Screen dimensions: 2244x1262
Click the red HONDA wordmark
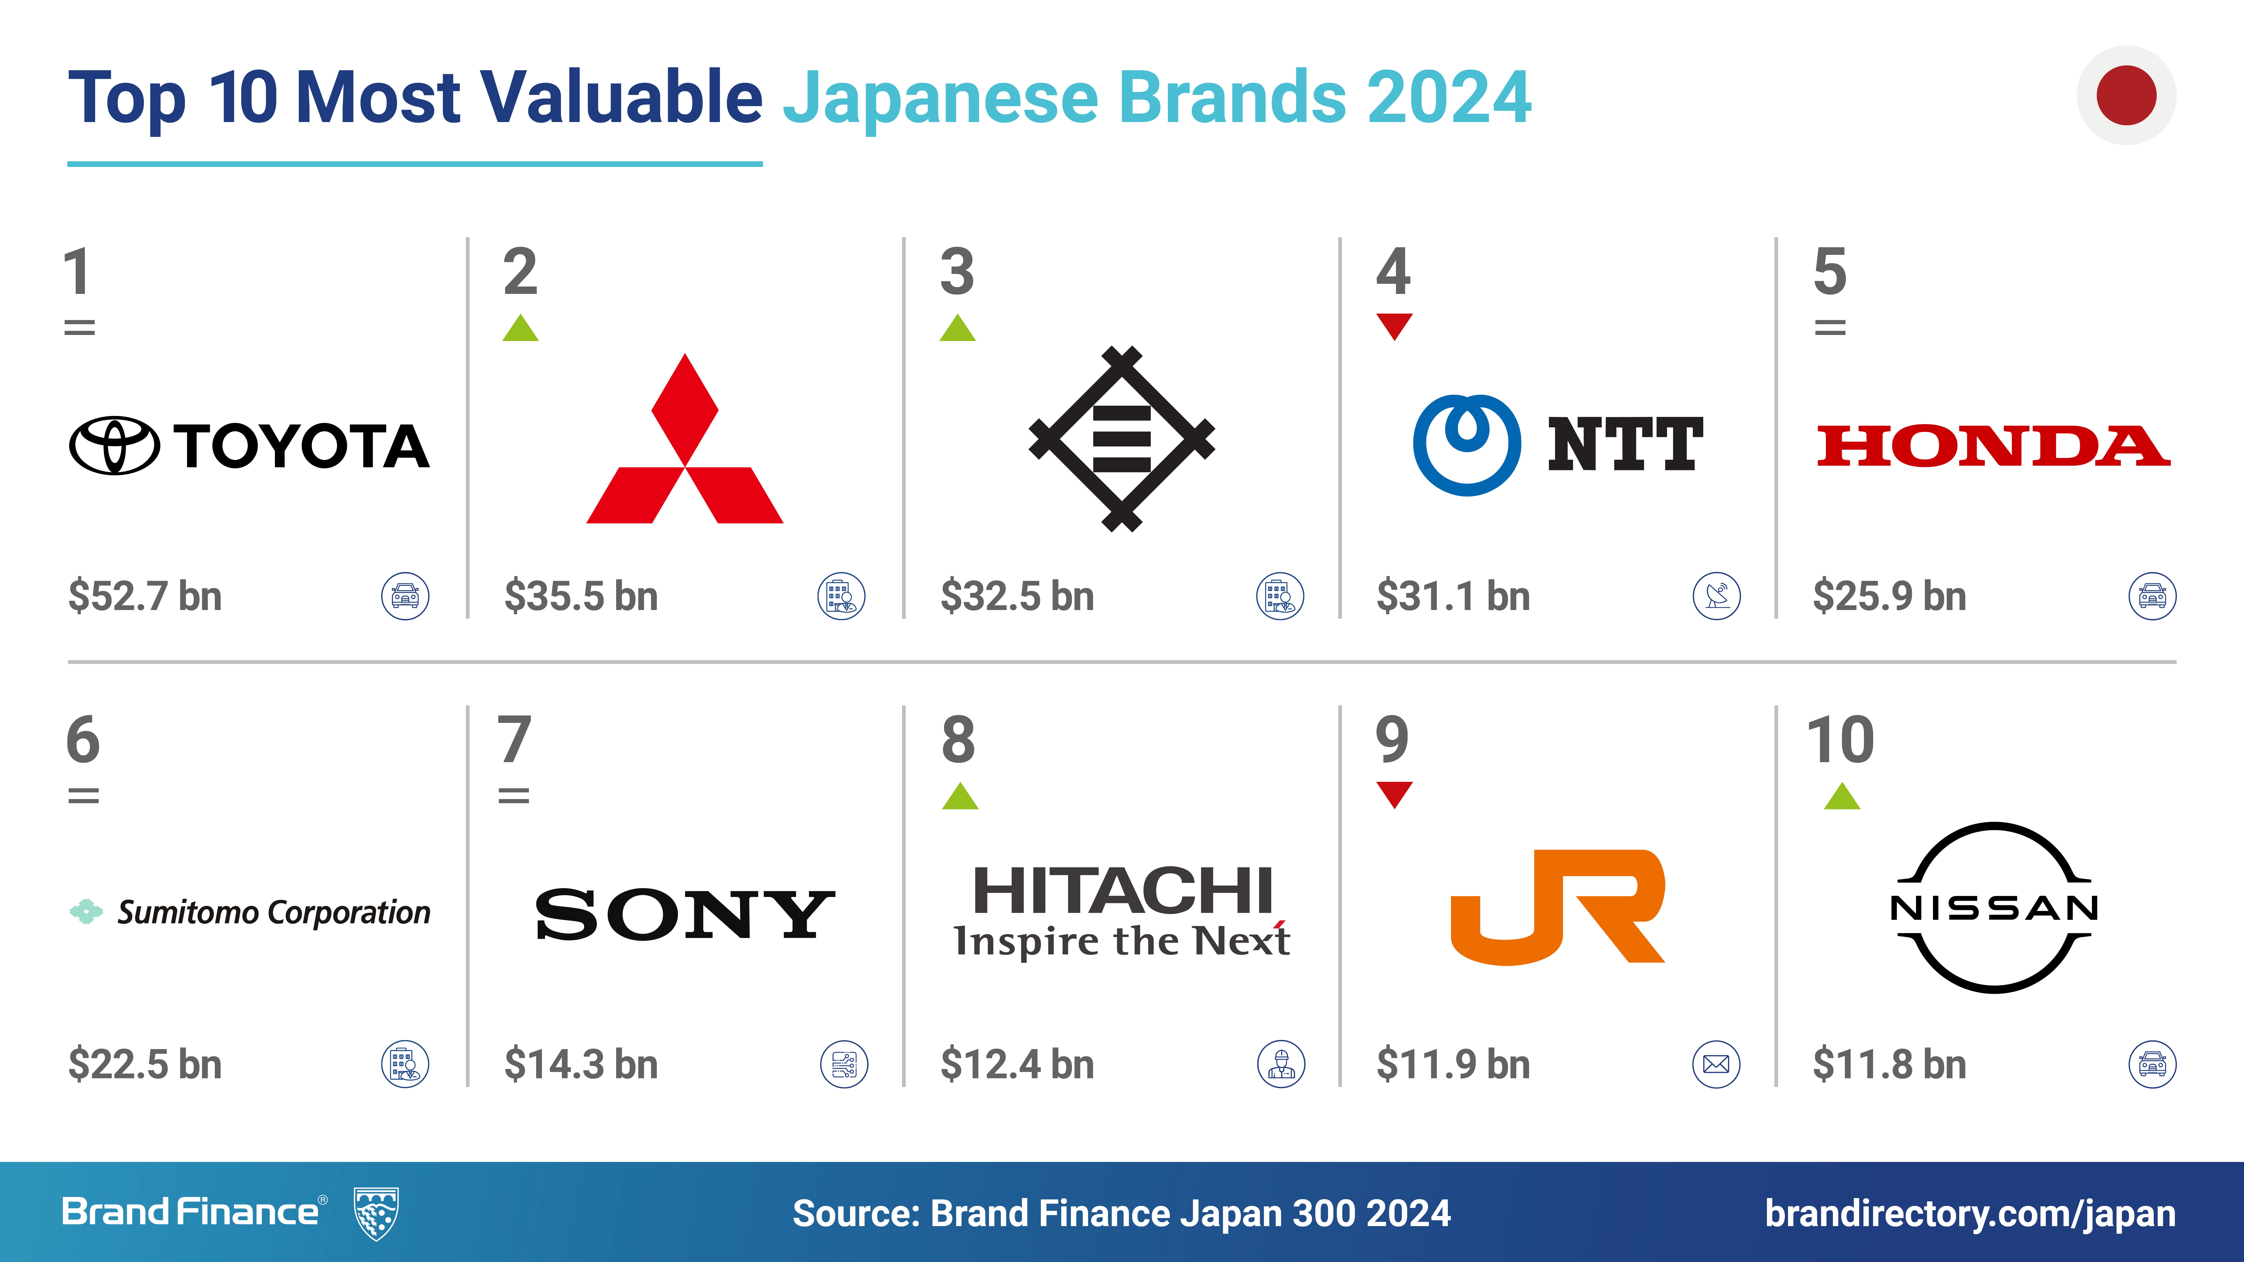pos(1993,446)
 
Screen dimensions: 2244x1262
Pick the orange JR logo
pos(1558,907)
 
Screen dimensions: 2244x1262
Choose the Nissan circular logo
pos(1994,908)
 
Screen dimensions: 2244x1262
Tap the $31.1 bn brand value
pos(1453,597)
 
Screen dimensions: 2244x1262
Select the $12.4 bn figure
pos(1017,1064)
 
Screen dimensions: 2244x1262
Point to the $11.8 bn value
pos(1889,1064)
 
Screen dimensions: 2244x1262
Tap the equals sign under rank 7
pos(514,795)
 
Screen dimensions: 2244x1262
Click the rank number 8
pos(958,739)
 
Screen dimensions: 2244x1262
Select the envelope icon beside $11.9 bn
pos(1716,1064)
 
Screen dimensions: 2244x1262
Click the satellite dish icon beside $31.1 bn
pos(1716,597)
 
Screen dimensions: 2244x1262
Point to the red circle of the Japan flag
pos(2126,95)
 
